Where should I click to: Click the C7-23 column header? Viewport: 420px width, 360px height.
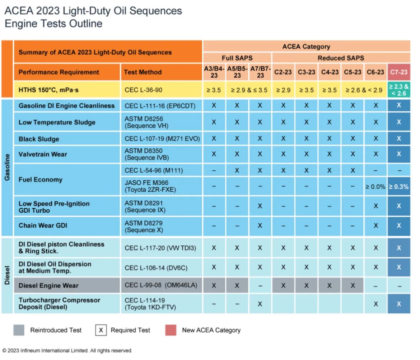point(398,72)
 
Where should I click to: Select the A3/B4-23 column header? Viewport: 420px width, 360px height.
point(214,72)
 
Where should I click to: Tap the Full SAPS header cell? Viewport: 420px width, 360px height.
point(237,58)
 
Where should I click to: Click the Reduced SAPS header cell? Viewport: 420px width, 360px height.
point(341,58)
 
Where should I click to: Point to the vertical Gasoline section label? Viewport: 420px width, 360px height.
point(7,167)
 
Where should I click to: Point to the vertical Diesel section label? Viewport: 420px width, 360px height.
point(7,275)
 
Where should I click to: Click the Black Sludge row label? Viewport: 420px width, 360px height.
point(39,139)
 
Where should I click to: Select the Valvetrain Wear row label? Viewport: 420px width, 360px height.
point(43,154)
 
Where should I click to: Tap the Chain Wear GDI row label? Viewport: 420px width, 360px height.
point(43,226)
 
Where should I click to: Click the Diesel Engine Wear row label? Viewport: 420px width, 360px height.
point(48,286)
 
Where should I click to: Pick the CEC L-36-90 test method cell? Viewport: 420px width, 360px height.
point(161,90)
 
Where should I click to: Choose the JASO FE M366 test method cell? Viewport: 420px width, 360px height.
point(161,186)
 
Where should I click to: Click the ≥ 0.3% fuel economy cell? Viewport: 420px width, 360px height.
point(398,186)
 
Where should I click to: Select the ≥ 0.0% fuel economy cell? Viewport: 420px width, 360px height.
point(375,186)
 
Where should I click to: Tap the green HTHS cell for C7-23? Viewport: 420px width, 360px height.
point(398,90)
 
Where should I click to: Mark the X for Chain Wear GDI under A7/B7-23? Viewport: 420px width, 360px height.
point(260,226)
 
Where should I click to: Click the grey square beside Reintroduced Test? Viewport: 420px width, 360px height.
point(19,330)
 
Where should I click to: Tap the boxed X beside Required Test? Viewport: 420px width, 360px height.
point(101,330)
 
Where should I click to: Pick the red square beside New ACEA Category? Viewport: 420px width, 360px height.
point(171,330)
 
